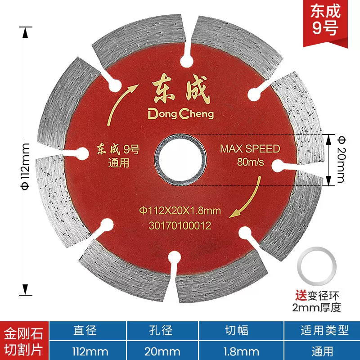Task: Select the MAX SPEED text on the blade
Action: [250, 149]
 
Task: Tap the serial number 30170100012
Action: [179, 226]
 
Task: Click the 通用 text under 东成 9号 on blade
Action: [118, 163]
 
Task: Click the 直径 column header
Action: [85, 331]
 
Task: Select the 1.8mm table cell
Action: [241, 351]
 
